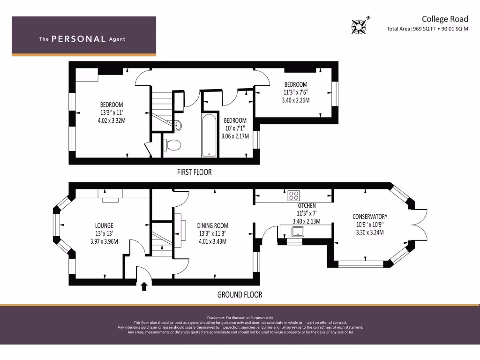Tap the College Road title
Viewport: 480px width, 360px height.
tap(444, 19)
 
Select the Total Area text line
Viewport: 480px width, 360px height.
tap(427, 29)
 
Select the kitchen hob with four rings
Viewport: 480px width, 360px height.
tap(294, 195)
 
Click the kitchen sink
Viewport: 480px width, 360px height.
tap(297, 231)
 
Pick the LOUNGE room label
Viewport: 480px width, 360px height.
tap(104, 225)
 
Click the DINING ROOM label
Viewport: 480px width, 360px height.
tap(212, 225)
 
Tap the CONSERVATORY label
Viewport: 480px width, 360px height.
tap(370, 217)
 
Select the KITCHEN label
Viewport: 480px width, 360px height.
tap(307, 206)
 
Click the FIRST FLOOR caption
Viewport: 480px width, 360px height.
tap(194, 172)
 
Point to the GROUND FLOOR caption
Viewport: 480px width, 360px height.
tap(240, 295)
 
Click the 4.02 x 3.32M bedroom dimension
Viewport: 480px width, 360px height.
tap(112, 120)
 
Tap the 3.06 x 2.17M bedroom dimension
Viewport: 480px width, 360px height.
tap(235, 136)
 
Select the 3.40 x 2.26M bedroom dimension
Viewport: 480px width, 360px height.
tap(295, 100)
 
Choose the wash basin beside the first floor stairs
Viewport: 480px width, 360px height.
tap(178, 126)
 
